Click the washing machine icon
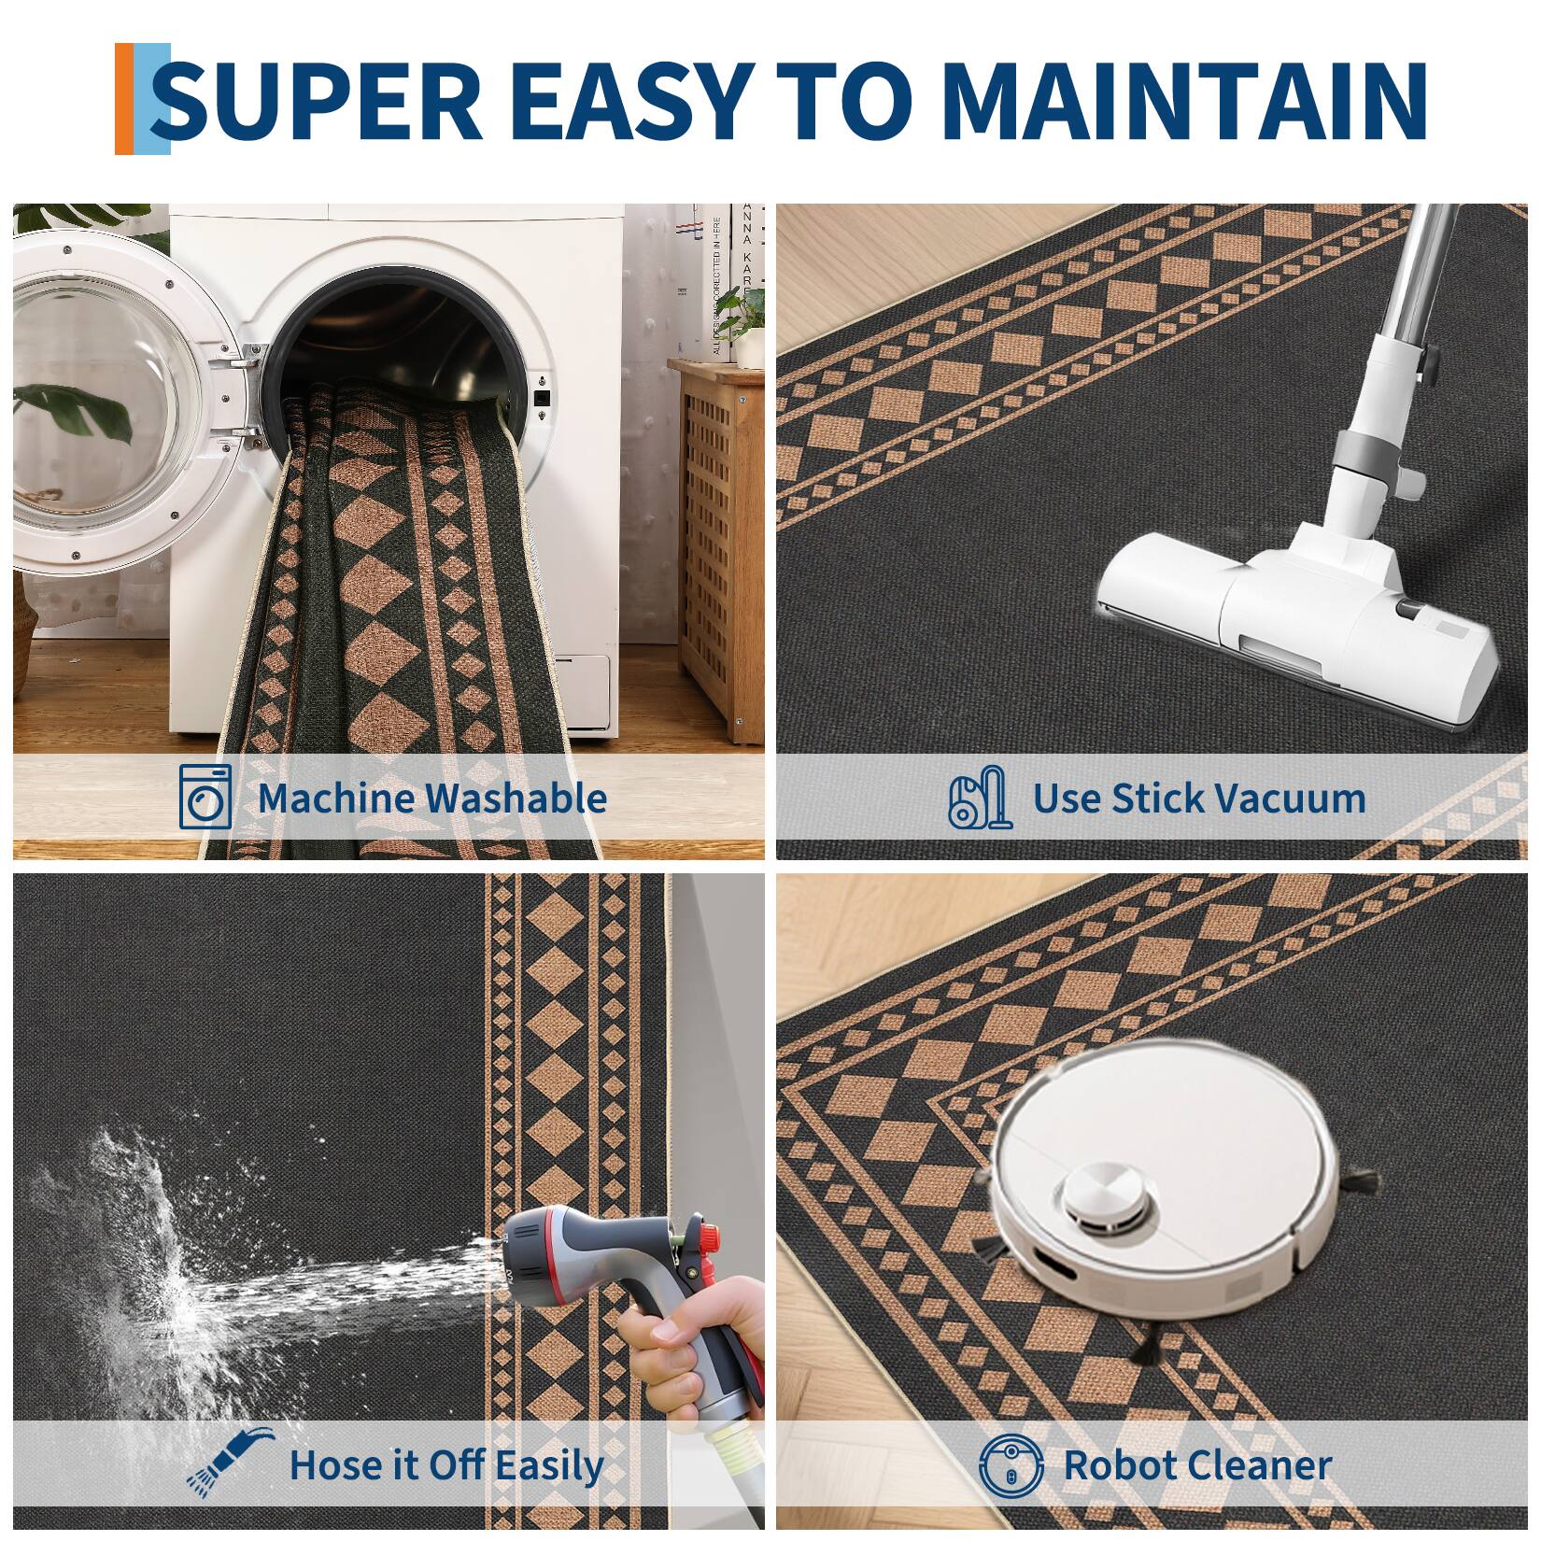pyautogui.click(x=205, y=796)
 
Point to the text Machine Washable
pyautogui.click(x=431, y=798)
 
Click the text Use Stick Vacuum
pyautogui.click(x=1198, y=799)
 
